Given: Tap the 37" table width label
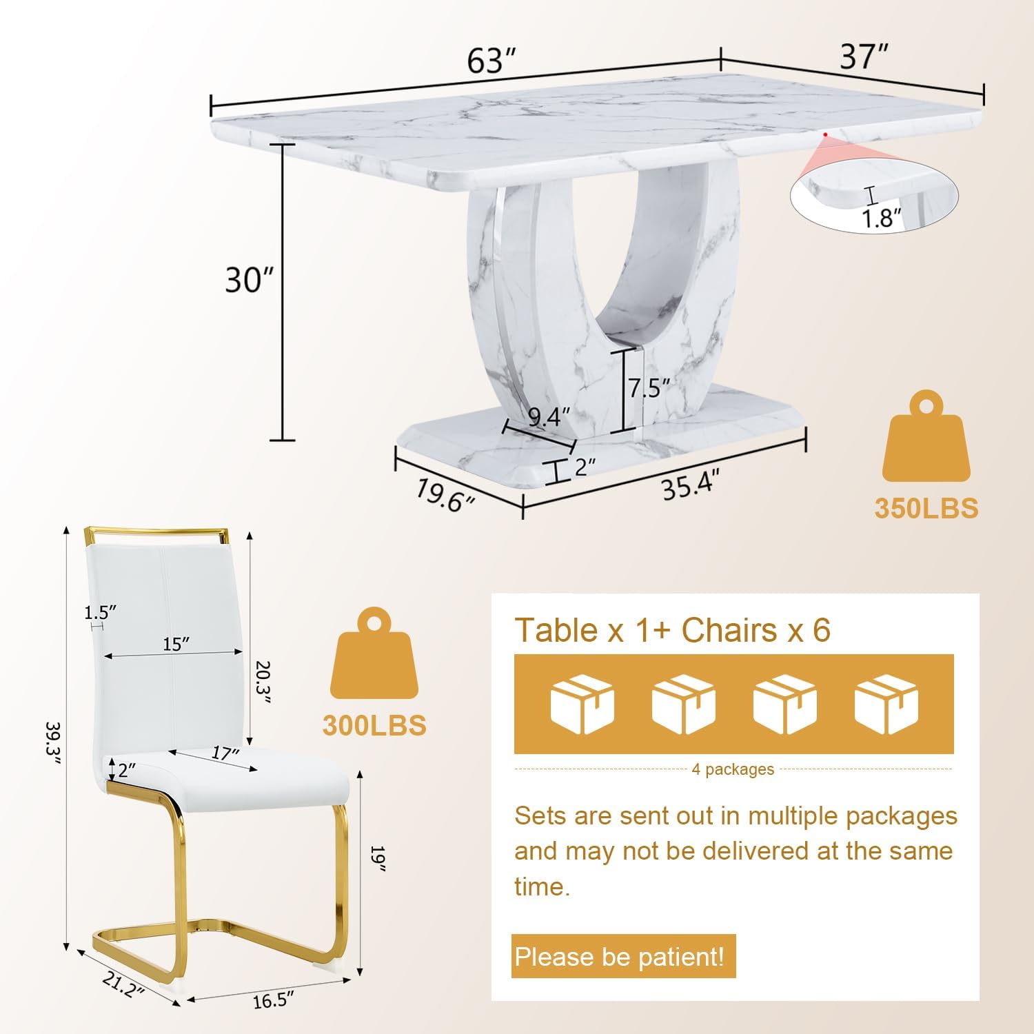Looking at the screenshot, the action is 864,57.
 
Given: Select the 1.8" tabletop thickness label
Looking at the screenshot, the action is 882,218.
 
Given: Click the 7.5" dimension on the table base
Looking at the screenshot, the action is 649,388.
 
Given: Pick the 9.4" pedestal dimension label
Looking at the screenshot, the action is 549,417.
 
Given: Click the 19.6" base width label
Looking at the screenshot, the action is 445,495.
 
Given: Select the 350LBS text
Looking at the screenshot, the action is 926,508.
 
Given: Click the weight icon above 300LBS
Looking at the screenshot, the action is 374,653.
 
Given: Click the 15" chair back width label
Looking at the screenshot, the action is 176,644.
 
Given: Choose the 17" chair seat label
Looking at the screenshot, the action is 225,753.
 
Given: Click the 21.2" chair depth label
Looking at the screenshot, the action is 124,984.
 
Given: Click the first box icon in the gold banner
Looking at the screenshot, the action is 582,704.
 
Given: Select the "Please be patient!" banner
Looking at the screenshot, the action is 623,956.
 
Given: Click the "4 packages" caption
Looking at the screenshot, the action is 733,769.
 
